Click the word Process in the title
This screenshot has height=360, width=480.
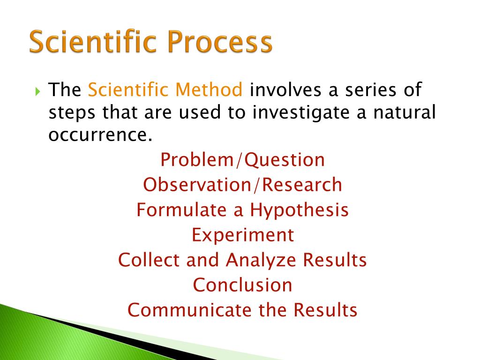pos(220,41)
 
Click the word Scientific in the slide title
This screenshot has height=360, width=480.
pos(95,41)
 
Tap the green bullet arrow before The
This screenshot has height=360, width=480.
pos(37,91)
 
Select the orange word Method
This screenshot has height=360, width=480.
pos(209,90)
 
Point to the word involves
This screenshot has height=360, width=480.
pos(285,90)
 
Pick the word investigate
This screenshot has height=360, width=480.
pos(301,113)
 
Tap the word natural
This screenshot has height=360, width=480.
pos(405,112)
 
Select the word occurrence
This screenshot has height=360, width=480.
pos(100,135)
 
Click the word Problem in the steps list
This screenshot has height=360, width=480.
pos(196,159)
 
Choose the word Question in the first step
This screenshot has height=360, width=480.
pos(285,160)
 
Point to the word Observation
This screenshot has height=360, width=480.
pos(197,185)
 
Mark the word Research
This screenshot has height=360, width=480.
pos(302,185)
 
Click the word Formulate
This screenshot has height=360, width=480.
pos(181,210)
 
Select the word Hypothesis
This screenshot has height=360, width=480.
pos(300,210)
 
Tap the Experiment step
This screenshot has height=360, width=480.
pos(243,235)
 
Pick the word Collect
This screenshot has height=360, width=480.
pos(149,260)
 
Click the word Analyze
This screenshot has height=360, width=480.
pos(261,261)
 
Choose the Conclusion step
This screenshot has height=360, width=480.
pos(242,285)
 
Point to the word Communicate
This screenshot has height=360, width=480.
pos(189,310)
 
